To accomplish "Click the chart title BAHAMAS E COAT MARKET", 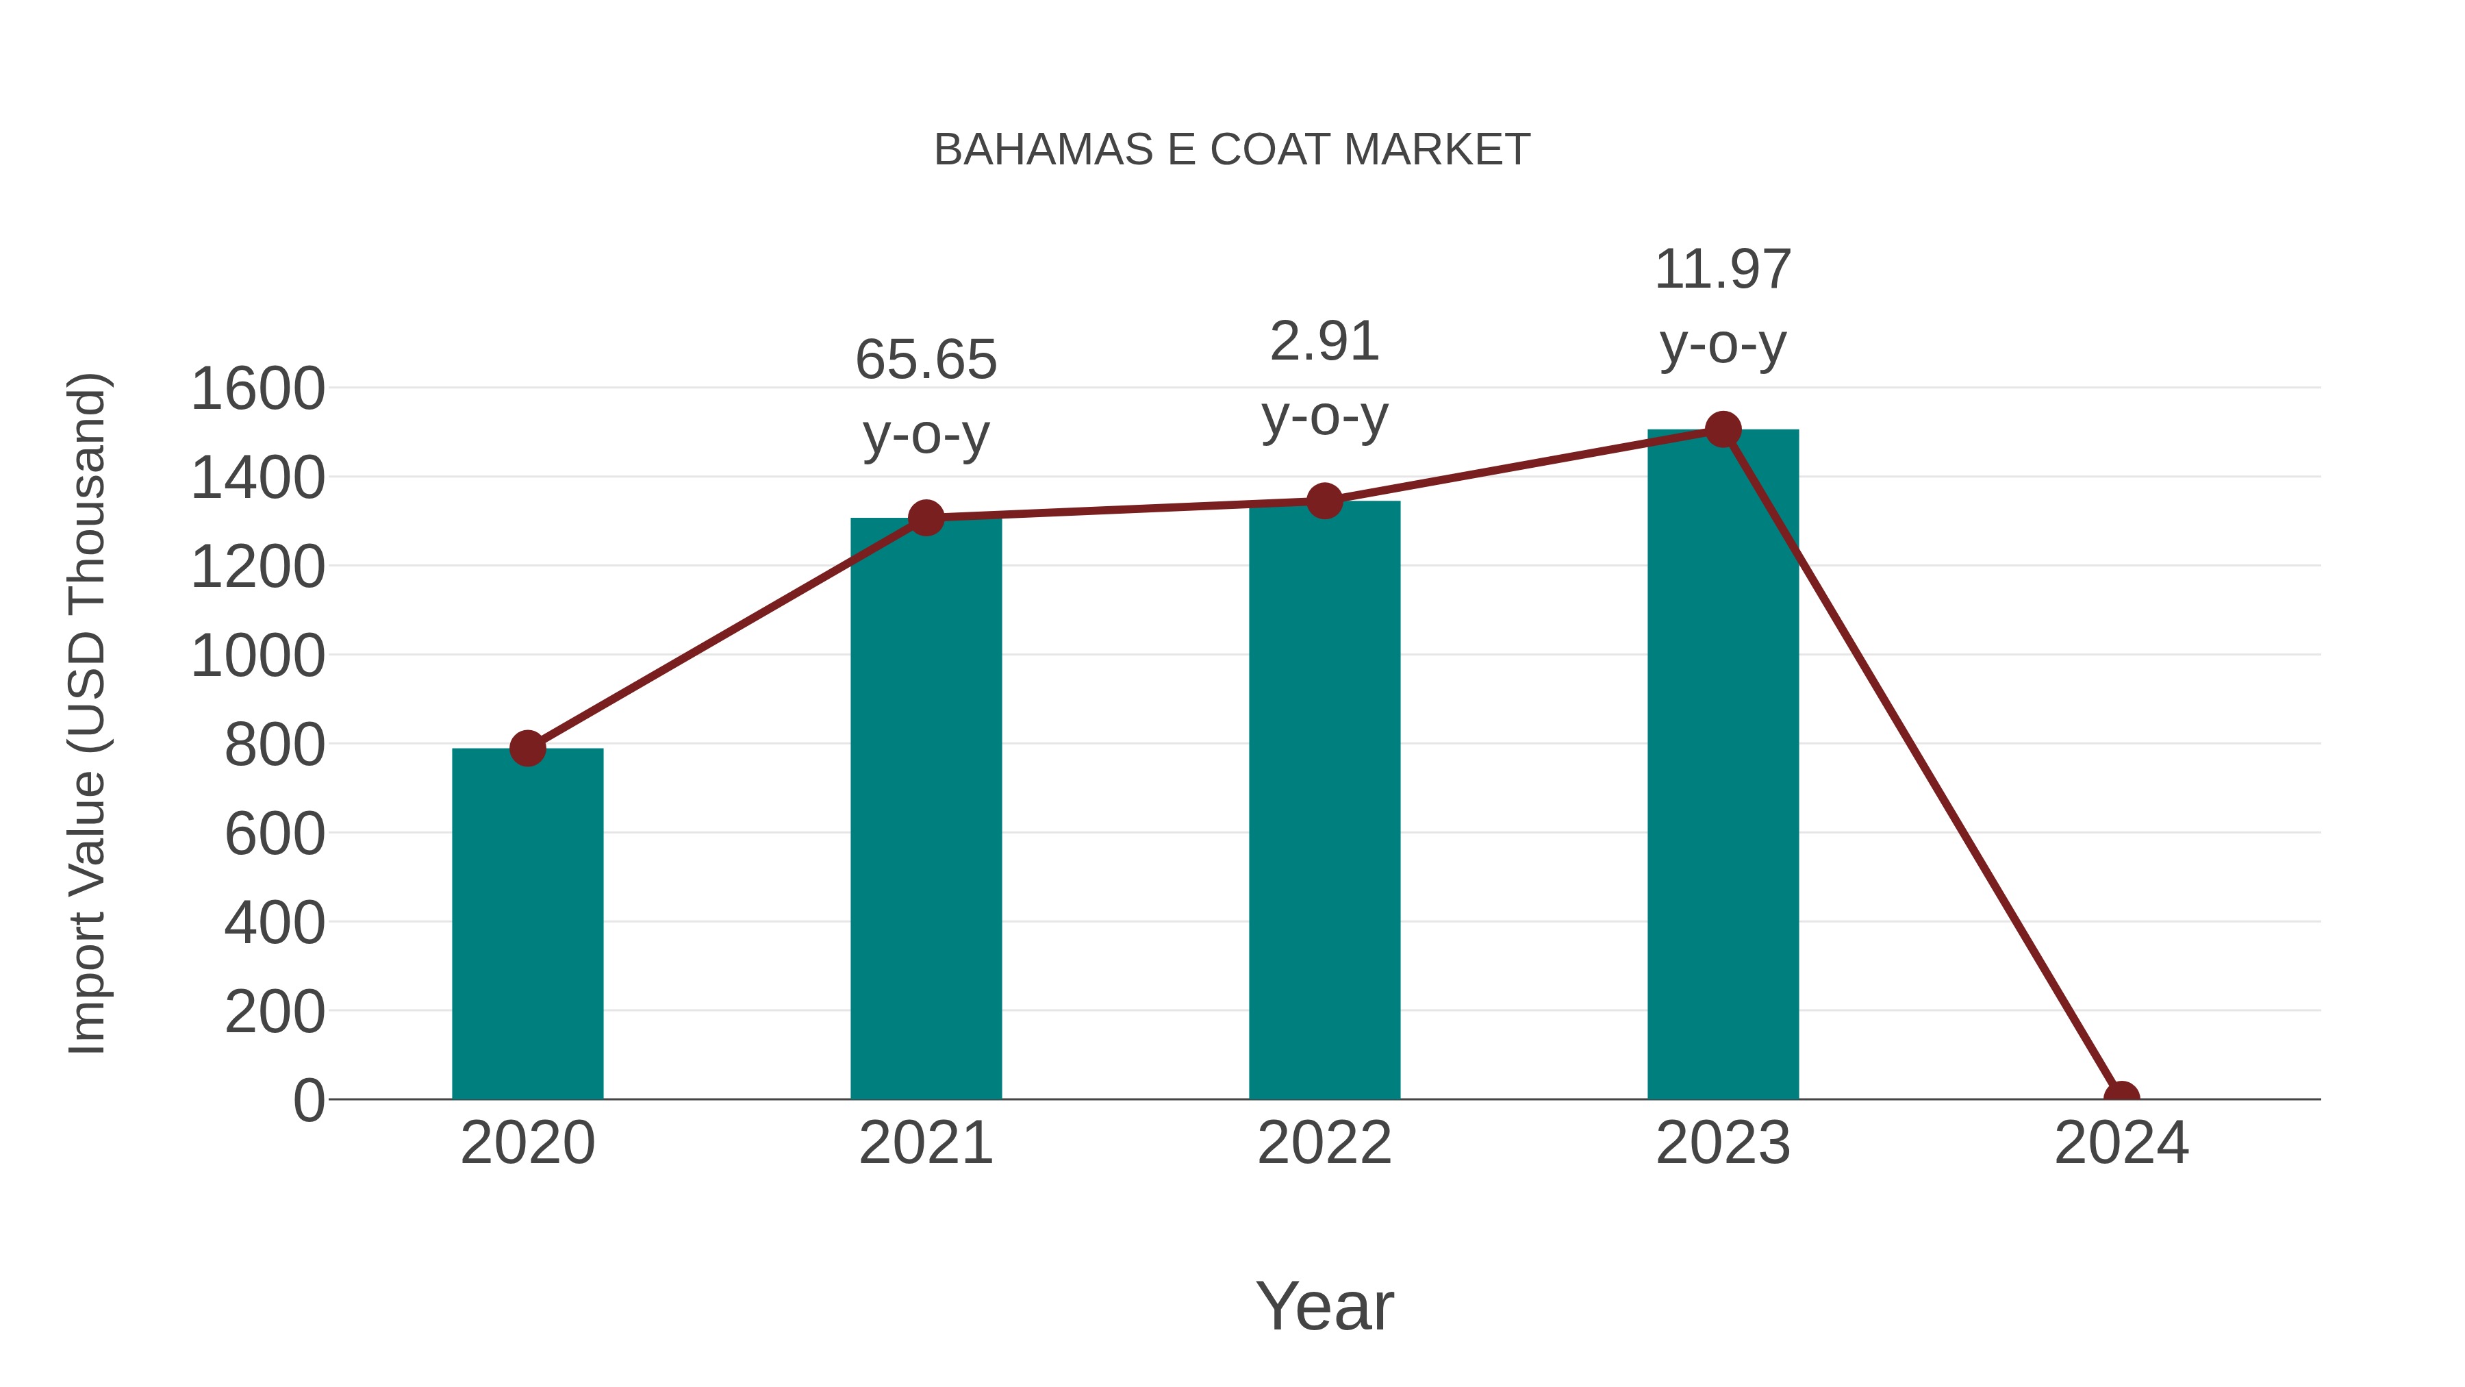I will click(1232, 150).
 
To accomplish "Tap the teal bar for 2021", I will click(925, 808).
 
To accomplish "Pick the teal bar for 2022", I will click(1324, 799).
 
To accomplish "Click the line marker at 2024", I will click(2121, 1097).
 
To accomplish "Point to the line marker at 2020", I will click(527, 747).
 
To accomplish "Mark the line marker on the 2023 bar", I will click(1723, 429).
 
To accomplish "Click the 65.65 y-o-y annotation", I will click(925, 397).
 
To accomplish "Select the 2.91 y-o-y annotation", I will click(1324, 378).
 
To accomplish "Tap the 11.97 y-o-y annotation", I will click(1723, 305).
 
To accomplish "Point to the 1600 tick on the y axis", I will click(257, 390).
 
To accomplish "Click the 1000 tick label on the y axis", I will click(257, 657).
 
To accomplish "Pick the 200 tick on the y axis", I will click(275, 1012).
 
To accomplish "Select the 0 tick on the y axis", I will click(308, 1101).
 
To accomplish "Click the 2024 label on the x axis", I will click(2121, 1143).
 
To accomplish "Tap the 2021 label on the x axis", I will click(925, 1143).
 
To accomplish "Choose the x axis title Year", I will click(1324, 1305).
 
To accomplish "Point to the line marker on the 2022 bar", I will click(1324, 501).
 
